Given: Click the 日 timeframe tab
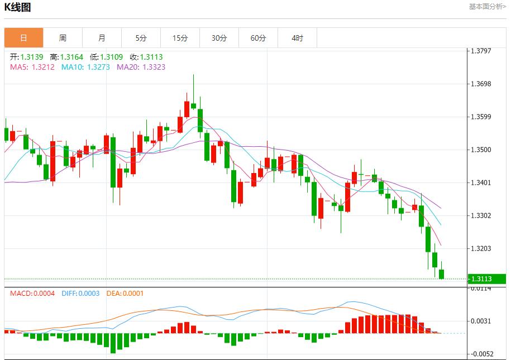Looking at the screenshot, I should [x=23, y=38].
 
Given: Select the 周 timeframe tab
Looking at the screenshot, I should [x=63, y=38].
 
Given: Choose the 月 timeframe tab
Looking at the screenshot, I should [x=102, y=38].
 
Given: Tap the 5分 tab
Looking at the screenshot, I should [x=141, y=38].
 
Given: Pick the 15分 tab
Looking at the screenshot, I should [x=180, y=38].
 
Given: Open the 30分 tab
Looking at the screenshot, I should [x=219, y=38].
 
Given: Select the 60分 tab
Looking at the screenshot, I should [x=258, y=38].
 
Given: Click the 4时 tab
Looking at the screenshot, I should [x=297, y=38].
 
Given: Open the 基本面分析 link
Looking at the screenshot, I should [x=487, y=7].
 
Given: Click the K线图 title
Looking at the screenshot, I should [x=17, y=7].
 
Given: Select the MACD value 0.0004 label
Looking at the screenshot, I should [x=32, y=293].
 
